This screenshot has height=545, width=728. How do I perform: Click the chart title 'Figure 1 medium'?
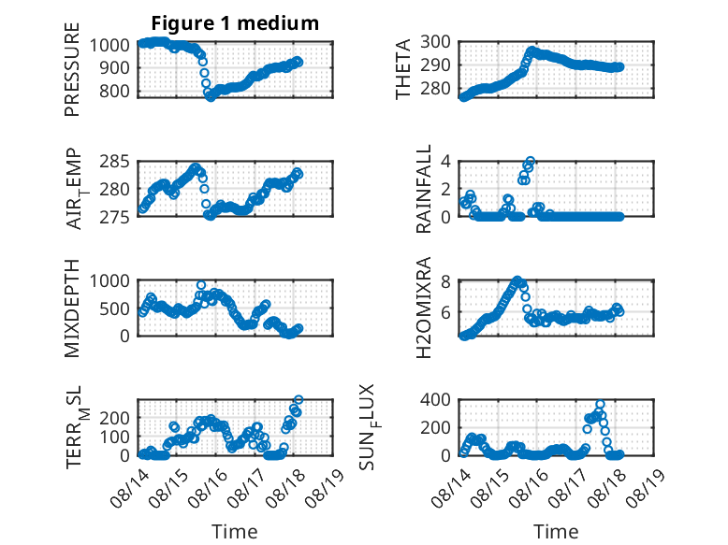coord(235,23)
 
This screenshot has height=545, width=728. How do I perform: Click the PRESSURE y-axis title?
coord(72,69)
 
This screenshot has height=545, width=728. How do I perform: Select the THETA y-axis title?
coord(403,69)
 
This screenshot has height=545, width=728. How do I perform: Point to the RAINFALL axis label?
coord(424,189)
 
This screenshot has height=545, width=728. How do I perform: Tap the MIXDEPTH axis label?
coord(72,308)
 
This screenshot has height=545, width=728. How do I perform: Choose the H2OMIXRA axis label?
coord(424,308)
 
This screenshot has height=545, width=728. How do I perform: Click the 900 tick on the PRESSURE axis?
coord(109,68)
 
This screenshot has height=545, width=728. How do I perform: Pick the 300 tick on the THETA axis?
coord(435,42)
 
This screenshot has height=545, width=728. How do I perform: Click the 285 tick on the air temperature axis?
coord(115,162)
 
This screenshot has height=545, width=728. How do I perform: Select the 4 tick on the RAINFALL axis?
coord(445,162)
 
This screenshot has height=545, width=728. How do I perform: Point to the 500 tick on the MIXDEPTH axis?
coord(115,308)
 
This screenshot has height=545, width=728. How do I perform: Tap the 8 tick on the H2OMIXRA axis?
coord(445,281)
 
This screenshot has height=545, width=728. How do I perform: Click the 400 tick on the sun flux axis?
coord(435,400)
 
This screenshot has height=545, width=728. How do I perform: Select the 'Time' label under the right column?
coord(556,532)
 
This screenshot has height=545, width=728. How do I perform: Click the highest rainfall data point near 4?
coord(530,162)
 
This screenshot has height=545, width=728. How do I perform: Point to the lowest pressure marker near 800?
coord(211,97)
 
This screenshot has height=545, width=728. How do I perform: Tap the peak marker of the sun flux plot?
coord(601,405)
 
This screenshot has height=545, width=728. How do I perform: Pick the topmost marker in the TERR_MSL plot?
coord(298,399)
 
